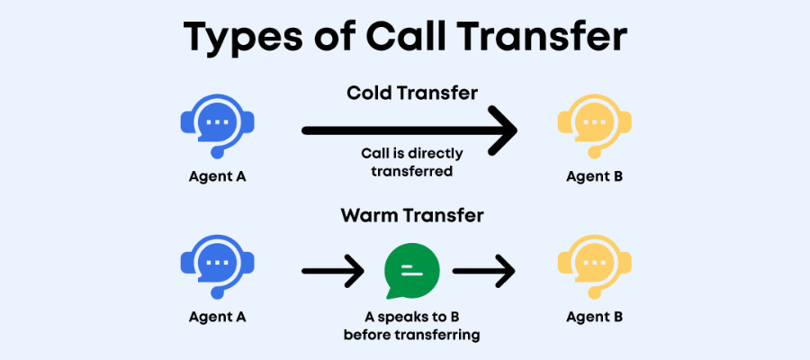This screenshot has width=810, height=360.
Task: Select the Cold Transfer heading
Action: pyautogui.click(x=412, y=93)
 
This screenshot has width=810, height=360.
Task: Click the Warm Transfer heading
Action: pyautogui.click(x=412, y=215)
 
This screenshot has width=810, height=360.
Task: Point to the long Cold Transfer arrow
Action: pyautogui.click(x=409, y=130)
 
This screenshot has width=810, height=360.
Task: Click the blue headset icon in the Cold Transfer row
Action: pyautogui.click(x=218, y=126)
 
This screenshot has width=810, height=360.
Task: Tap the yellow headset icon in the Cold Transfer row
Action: pyautogui.click(x=594, y=126)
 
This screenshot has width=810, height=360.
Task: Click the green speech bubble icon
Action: pyautogui.click(x=411, y=271)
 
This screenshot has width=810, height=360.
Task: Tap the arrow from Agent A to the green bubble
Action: pyautogui.click(x=333, y=271)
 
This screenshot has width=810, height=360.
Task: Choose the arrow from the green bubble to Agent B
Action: pyautogui.click(x=484, y=271)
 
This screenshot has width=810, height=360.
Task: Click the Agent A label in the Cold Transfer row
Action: pyautogui.click(x=217, y=176)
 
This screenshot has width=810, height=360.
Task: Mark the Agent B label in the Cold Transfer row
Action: pyautogui.click(x=595, y=176)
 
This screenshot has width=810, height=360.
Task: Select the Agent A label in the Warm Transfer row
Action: pyautogui.click(x=217, y=317)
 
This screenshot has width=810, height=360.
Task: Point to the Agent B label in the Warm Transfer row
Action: pyautogui.click(x=595, y=317)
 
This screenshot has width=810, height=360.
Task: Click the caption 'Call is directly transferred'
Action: pyautogui.click(x=412, y=162)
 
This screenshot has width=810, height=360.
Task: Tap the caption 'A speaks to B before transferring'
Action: pyautogui.click(x=411, y=326)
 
